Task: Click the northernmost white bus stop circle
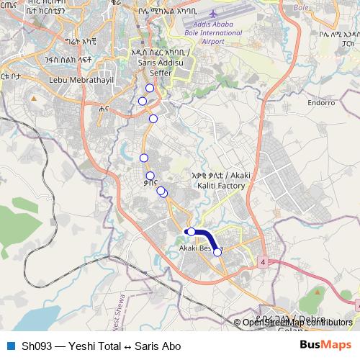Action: click(150, 88)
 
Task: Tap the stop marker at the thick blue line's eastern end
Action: click(217, 252)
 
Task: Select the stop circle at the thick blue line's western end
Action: click(191, 232)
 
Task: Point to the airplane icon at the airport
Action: click(213, 14)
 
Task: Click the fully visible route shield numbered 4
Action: click(264, 261)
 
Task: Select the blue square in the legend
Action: click(10, 346)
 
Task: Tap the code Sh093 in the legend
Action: click(35, 346)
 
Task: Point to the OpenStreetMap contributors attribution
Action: click(297, 322)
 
